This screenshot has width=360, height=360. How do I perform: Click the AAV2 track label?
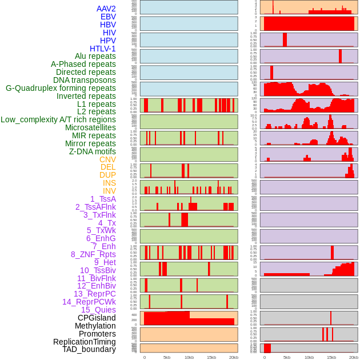click(106, 9)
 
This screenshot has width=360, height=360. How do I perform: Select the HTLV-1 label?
click(102, 49)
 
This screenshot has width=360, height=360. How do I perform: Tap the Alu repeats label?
click(95, 56)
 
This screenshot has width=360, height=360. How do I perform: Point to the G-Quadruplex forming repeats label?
click(61, 88)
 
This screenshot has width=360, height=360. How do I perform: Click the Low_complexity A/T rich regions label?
click(58, 119)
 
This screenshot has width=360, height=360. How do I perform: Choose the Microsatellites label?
click(90, 127)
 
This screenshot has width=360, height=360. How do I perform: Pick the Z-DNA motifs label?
click(93, 151)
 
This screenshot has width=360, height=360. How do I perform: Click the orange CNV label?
click(107, 159)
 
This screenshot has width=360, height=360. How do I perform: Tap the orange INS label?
click(109, 183)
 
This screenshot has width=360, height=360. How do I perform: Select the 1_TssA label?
click(103, 199)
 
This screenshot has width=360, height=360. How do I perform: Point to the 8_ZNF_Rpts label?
click(93, 254)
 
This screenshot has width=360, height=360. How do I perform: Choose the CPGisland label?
click(97, 318)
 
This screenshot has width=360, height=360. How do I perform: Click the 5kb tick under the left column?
click(167, 357)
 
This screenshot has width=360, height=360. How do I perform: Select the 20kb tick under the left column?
click(234, 357)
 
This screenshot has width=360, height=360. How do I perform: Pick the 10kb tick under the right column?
click(309, 357)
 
